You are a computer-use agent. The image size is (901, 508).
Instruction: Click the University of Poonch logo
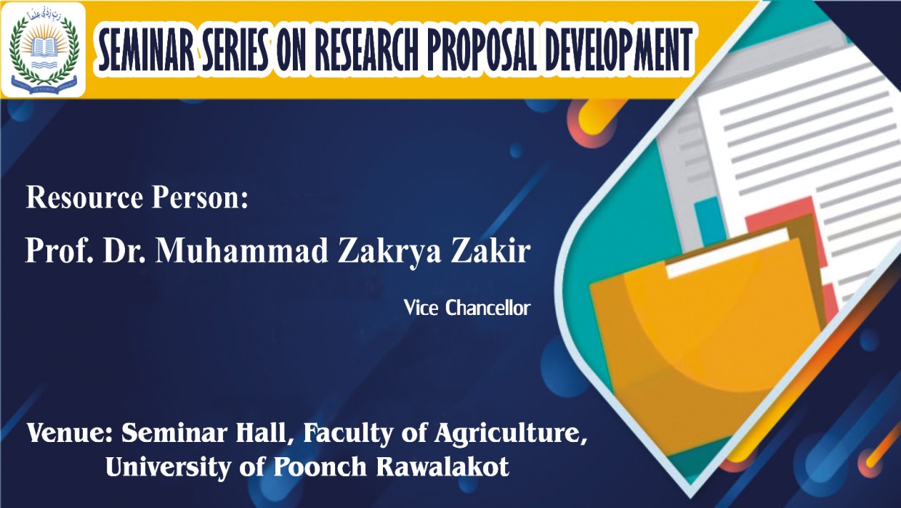(x=44, y=50)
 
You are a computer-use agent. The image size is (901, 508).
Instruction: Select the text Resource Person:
(x=137, y=197)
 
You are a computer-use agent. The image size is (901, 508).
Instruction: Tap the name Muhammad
(x=242, y=250)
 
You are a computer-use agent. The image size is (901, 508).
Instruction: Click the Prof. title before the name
(x=60, y=250)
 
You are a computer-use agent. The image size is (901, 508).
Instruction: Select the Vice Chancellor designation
(x=467, y=308)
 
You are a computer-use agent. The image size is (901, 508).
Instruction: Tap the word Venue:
(x=69, y=433)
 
